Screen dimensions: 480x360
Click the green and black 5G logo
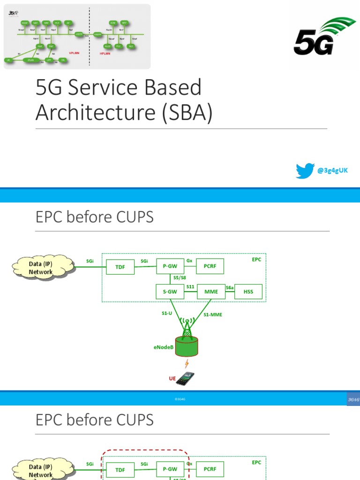coord(323,37)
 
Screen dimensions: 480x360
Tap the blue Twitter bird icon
coord(305,171)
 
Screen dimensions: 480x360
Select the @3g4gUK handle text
coord(333,171)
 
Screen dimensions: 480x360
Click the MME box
coord(211,292)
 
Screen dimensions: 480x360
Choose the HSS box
coord(248,292)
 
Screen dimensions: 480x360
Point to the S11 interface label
coord(190,286)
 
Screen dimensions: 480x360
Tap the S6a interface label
coord(230,287)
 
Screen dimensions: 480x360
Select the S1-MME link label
coord(213,315)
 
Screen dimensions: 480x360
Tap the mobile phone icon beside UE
coord(185,378)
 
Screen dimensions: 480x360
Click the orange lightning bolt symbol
coord(186,363)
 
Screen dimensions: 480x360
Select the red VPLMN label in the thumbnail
coord(74,53)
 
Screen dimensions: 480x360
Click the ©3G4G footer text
coord(180,399)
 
